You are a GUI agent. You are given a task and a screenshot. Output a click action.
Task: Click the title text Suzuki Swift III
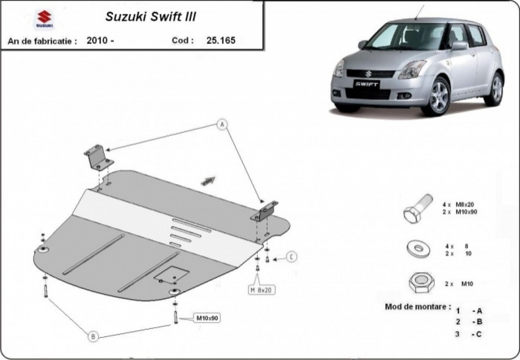click(150, 17)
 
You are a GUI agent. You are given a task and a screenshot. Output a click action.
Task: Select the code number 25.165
click(221, 40)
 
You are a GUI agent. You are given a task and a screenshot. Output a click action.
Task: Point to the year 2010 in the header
click(96, 40)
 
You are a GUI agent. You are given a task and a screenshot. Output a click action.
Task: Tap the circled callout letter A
click(222, 125)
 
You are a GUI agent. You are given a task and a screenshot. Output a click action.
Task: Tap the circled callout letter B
click(93, 336)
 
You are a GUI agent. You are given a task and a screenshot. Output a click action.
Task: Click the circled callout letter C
click(292, 257)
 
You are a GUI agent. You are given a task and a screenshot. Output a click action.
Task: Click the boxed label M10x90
click(207, 318)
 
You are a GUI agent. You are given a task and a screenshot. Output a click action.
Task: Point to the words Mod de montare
click(418, 307)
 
